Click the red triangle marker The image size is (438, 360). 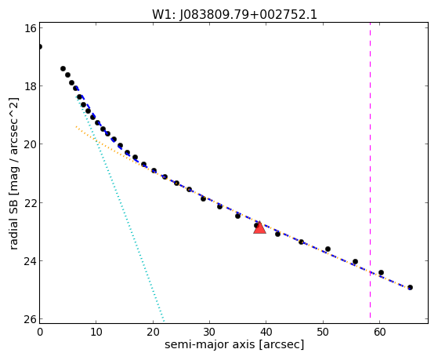pos(259,227)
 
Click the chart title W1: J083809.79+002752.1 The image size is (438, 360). pos(234,15)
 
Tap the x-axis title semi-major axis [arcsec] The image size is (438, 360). pos(234,344)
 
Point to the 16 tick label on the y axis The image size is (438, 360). pos(30,28)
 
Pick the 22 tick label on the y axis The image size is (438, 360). pos(30,202)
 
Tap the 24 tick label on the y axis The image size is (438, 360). pos(30,260)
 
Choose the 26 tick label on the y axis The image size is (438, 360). pos(30,319)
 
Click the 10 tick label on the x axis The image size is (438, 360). pos(96,332)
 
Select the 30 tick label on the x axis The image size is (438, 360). pos(209,332)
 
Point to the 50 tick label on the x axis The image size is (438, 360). pos(323,332)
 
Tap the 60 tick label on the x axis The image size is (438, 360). pos(379,332)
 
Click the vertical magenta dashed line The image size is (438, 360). pos(370,171)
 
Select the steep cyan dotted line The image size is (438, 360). pos(120,209)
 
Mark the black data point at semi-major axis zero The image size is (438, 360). pos(40,46)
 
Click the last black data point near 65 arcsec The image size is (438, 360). pos(410,287)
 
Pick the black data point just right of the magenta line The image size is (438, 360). pos(381,272)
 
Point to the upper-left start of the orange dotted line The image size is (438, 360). pos(76,127)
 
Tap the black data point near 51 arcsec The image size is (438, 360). pos(328,249)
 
